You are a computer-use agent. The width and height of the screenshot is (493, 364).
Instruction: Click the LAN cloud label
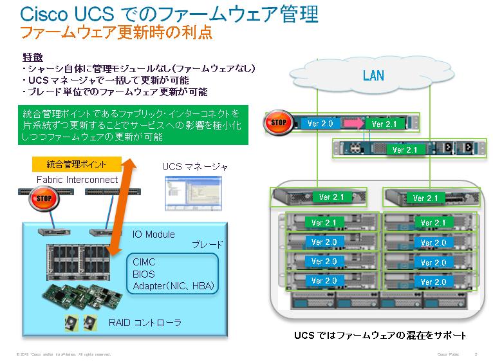[x=373, y=76]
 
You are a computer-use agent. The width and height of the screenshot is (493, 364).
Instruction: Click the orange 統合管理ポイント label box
[x=77, y=165]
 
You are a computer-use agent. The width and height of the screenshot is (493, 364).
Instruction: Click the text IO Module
[x=153, y=235]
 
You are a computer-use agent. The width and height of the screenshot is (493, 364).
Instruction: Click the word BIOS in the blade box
[x=144, y=274]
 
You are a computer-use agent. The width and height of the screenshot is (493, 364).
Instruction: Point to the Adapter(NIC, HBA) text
[x=173, y=285]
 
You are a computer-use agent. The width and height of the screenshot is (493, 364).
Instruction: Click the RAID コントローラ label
[x=145, y=322]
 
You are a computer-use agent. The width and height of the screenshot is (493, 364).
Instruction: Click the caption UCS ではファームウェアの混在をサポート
[x=380, y=336]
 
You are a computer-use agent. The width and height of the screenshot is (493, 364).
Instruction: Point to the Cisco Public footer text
[x=449, y=354]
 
